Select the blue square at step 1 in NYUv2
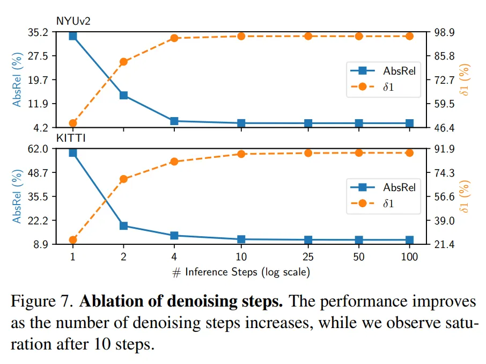(72, 36)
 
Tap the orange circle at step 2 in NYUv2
(123, 62)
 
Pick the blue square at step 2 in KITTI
(123, 225)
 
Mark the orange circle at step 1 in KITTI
(72, 240)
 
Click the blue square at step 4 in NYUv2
(174, 121)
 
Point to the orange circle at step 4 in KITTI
(174, 162)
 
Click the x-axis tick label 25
(308, 257)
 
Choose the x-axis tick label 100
(409, 257)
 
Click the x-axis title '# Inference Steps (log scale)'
(241, 272)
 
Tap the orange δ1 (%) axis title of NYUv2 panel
(466, 79)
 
